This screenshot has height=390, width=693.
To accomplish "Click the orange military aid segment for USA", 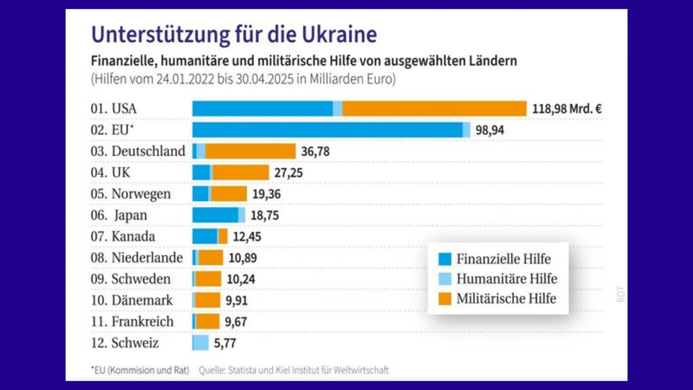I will tap(434, 109).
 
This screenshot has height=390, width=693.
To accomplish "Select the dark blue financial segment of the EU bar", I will tap(327, 130).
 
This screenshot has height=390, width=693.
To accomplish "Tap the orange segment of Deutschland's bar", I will tap(250, 151).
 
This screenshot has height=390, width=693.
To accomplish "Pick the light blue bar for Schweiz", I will tap(200, 343).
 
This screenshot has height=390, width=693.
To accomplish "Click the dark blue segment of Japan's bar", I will tap(215, 215).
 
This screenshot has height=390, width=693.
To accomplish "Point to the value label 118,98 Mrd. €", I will tap(566, 109).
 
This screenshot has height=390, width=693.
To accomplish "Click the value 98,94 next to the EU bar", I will tap(489, 130).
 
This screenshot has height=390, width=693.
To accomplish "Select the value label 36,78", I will tap(315, 151).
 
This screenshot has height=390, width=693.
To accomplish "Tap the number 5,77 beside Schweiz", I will tap(225, 343).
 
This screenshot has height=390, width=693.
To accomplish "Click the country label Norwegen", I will tap(141, 194).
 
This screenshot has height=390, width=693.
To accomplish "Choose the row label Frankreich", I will tap(142, 322).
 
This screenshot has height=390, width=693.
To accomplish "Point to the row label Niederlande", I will tap(147, 258).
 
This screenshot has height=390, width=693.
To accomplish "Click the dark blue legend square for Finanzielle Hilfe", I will tap(445, 259).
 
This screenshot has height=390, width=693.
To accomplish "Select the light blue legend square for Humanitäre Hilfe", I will tap(445, 279).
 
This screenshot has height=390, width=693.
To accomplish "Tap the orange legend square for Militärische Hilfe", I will tap(445, 298).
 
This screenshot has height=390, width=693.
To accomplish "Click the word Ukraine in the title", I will tap(339, 35).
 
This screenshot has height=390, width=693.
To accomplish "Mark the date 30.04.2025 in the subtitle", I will tap(264, 79).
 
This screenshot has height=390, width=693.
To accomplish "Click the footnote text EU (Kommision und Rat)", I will tap(140, 370).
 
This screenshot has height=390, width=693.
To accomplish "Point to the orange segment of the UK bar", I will tap(241, 173).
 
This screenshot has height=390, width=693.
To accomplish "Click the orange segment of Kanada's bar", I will tap(223, 236).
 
